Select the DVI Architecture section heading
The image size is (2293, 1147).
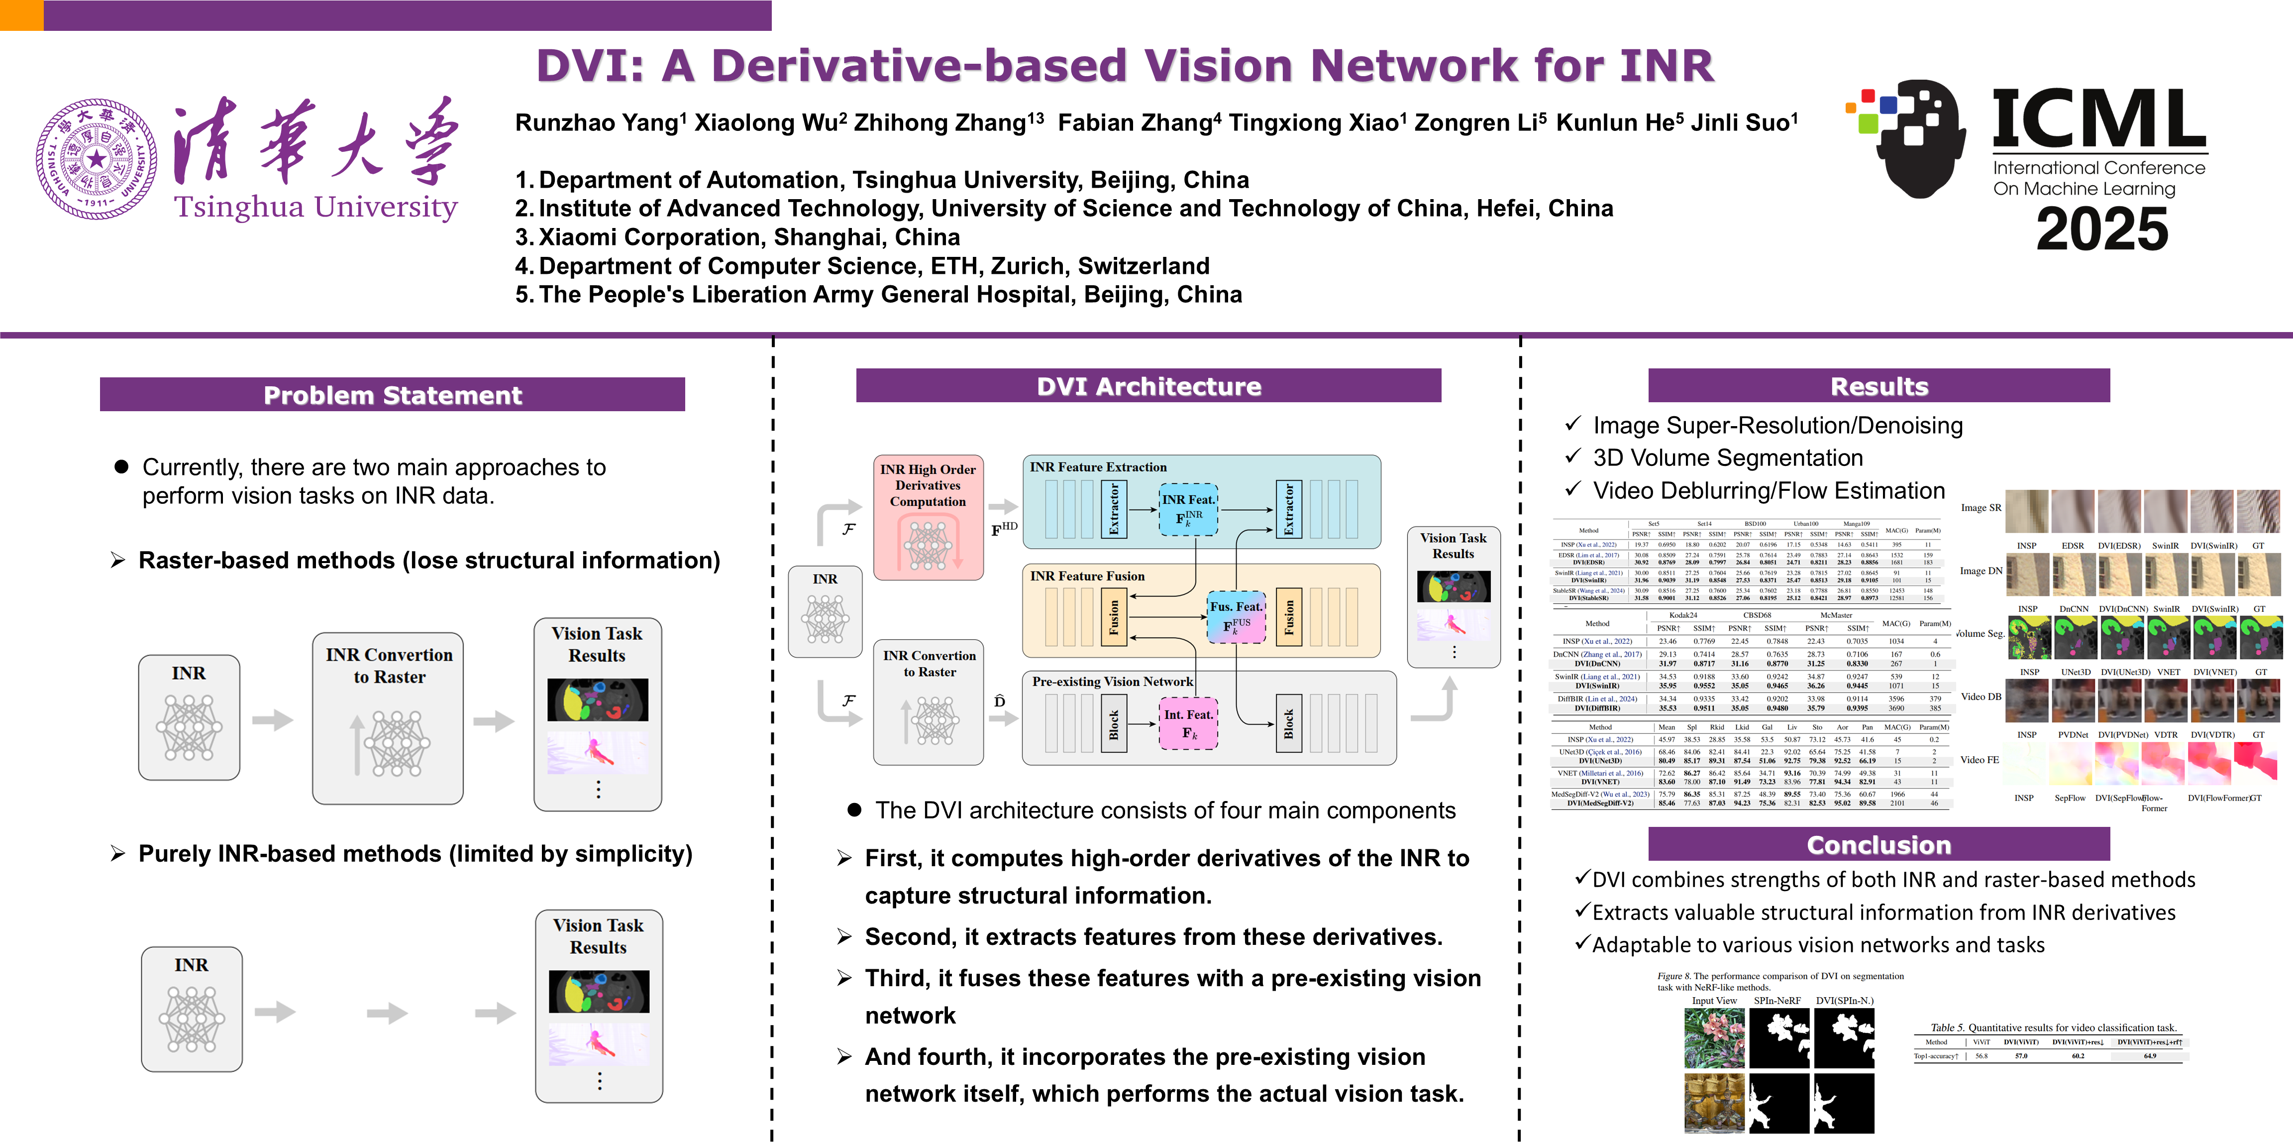(1148, 386)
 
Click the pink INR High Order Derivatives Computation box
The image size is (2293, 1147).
(928, 517)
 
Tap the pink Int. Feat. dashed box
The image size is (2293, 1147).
(1187, 723)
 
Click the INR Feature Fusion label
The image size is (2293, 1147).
(1087, 576)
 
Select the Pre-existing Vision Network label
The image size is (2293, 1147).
(1112, 681)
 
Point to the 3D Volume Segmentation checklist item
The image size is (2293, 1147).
(1727, 458)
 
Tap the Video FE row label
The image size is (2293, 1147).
(1979, 760)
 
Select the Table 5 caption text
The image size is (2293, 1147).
(2053, 1027)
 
